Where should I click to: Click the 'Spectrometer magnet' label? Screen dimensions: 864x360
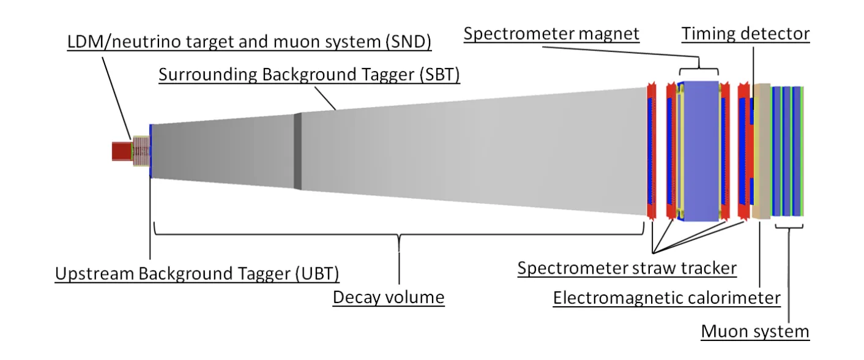pos(551,34)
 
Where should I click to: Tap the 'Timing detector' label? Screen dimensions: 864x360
pos(745,34)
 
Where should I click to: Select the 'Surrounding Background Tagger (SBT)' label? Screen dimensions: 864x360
pos(309,75)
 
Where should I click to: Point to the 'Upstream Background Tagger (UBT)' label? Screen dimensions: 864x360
pos(196,274)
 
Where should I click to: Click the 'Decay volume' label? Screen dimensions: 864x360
pos(389,298)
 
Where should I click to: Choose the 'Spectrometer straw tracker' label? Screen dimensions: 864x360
pos(627,268)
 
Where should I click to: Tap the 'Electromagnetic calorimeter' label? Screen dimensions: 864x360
pos(666,298)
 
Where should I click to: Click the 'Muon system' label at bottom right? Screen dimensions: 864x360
pos(755,331)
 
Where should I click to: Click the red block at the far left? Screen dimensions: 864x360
pos(122,151)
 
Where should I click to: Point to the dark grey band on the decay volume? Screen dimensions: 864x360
pos(297,151)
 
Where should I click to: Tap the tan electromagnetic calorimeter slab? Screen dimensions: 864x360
pos(761,151)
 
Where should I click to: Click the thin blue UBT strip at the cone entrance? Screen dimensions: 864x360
pos(151,151)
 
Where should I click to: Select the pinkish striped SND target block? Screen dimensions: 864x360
pos(141,151)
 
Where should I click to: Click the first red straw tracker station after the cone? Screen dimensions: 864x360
pos(651,151)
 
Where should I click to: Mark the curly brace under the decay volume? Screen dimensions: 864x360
pos(399,234)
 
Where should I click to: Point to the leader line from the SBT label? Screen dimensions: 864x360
pos(325,99)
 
